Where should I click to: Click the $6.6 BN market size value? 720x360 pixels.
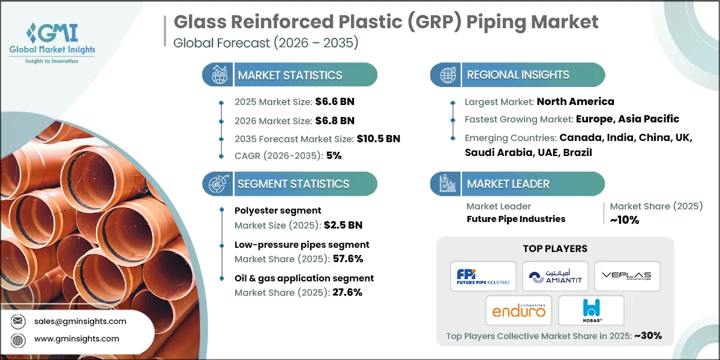click(x=342, y=102)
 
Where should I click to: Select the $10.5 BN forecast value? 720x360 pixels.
click(x=376, y=139)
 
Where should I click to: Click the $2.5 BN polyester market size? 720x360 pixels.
click(x=343, y=225)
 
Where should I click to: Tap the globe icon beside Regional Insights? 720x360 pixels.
click(x=448, y=75)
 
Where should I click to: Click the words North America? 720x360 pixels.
click(x=575, y=101)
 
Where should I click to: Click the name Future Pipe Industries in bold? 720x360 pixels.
click(x=516, y=219)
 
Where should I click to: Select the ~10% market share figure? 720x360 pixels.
click(x=625, y=220)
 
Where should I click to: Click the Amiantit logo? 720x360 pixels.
click(x=555, y=276)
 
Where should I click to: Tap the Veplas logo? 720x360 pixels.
click(x=627, y=276)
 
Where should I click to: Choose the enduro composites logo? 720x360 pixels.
click(x=519, y=310)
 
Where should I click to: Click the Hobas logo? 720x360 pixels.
click(x=591, y=310)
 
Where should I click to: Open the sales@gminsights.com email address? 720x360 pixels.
click(x=80, y=321)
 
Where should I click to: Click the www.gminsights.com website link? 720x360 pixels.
click(x=76, y=339)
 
